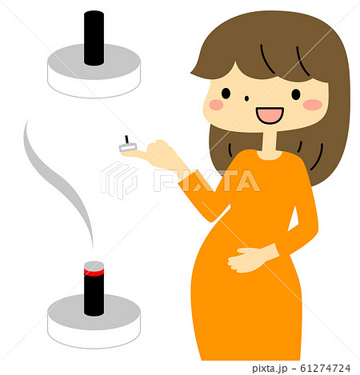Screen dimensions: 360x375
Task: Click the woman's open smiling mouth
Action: click(270, 115)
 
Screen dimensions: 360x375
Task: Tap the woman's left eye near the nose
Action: click(226, 94)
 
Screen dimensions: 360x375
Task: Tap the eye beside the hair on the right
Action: click(296, 94)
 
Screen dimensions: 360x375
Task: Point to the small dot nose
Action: click(246, 98)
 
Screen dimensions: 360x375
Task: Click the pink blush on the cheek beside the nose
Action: click(216, 105)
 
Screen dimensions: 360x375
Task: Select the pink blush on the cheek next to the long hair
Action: click(313, 105)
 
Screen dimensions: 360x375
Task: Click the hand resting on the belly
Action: click(250, 259)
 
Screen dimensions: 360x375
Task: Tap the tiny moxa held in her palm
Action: click(128, 145)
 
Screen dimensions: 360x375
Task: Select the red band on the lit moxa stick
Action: click(94, 273)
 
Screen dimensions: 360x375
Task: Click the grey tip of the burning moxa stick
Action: click(94, 265)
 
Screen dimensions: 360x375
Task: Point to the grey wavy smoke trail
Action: click(58, 182)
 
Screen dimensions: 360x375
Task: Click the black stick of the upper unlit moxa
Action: click(94, 38)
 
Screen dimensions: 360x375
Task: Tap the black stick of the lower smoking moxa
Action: click(94, 295)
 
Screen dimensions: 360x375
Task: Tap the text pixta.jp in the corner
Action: click(270, 369)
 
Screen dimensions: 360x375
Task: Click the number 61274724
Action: click(326, 368)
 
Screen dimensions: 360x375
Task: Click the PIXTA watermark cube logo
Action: click(119, 180)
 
